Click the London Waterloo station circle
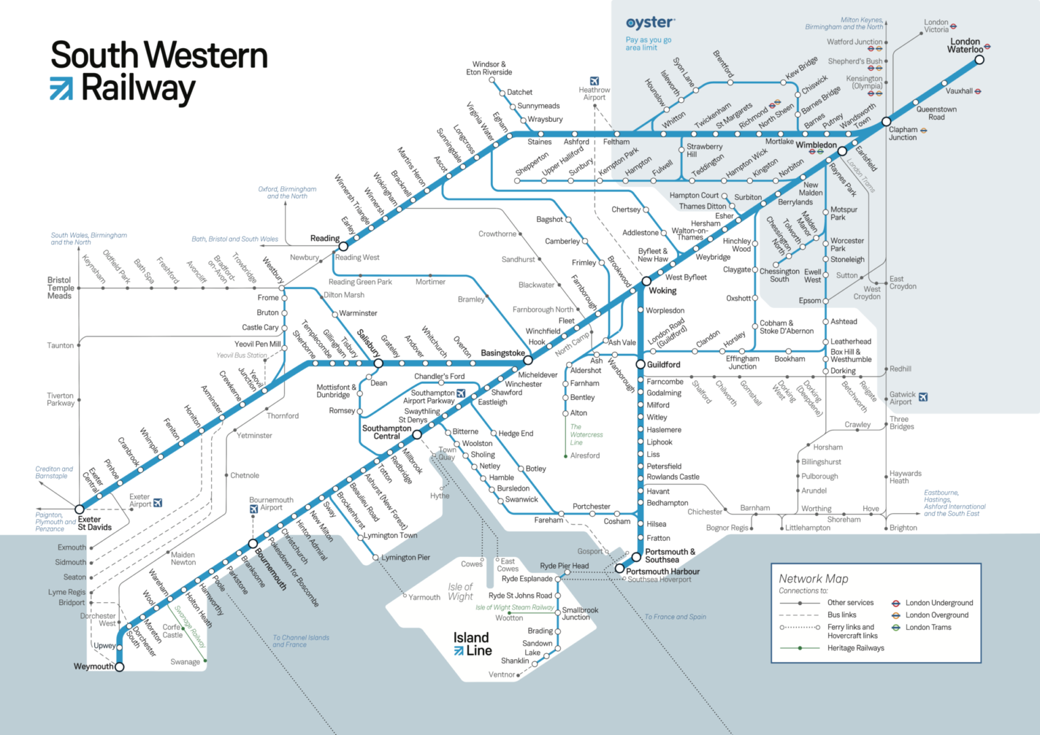[x=979, y=60]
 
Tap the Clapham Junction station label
[x=903, y=133]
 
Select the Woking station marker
[x=646, y=281]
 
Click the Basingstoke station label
[x=502, y=353]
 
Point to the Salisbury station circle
[x=378, y=363]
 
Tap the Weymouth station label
[x=93, y=667]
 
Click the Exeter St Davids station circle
[x=79, y=509]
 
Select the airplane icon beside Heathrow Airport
[x=594, y=81]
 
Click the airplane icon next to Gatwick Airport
[x=923, y=397]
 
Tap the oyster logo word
[x=650, y=23]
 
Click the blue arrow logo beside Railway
[x=61, y=89]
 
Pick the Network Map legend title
[x=813, y=579]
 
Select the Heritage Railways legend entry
[x=855, y=648]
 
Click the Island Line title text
[x=472, y=644]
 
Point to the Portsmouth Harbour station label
[x=662, y=571]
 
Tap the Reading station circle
[x=343, y=246]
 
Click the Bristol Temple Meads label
[x=60, y=288]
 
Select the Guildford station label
[x=663, y=364]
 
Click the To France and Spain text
[x=674, y=617]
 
